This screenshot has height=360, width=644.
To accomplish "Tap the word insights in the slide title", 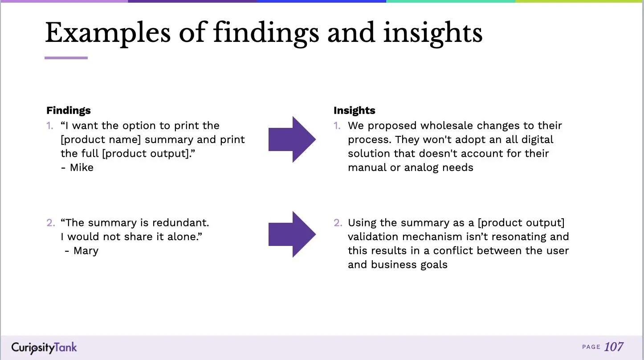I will pyautogui.click(x=432, y=33).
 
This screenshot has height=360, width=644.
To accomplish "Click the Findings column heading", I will pyautogui.click(x=69, y=110).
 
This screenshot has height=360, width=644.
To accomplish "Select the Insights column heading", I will pyautogui.click(x=355, y=110).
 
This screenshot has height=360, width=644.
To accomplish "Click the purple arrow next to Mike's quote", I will pyautogui.click(x=292, y=139).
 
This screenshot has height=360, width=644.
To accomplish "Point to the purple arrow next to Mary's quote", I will pyautogui.click(x=292, y=234).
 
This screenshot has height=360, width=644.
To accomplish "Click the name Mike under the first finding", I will pyautogui.click(x=82, y=168).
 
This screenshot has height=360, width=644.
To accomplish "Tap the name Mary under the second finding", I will pyautogui.click(x=86, y=251).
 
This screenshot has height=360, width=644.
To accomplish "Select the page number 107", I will pyautogui.click(x=614, y=347).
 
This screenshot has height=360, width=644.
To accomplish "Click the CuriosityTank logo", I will pyautogui.click(x=44, y=348).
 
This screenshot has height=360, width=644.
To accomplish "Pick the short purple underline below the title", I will pyautogui.click(x=66, y=58).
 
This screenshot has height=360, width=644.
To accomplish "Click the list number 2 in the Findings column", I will pyautogui.click(x=50, y=223).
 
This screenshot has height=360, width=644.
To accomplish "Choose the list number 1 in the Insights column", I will pyautogui.click(x=337, y=126).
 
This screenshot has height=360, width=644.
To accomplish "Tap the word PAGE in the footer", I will pyautogui.click(x=591, y=347).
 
